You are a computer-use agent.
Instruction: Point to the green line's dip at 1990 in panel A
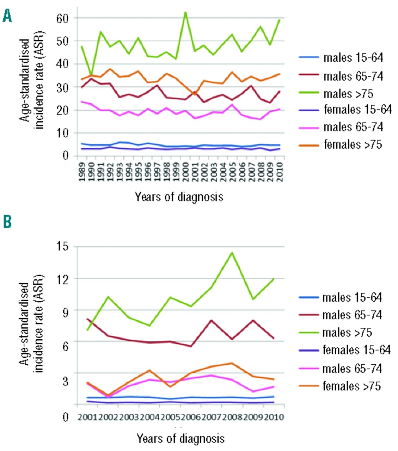91,75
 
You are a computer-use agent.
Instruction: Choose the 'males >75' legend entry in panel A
348,93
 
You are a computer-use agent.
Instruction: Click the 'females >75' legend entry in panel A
353,144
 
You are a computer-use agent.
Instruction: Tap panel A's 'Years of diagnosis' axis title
179,197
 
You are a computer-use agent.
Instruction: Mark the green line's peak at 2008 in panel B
232,252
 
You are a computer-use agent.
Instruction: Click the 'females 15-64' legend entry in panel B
356,350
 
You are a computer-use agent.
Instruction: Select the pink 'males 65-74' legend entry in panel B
352,368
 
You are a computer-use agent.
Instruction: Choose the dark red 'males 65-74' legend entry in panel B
352,315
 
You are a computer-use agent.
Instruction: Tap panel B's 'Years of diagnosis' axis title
180,439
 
